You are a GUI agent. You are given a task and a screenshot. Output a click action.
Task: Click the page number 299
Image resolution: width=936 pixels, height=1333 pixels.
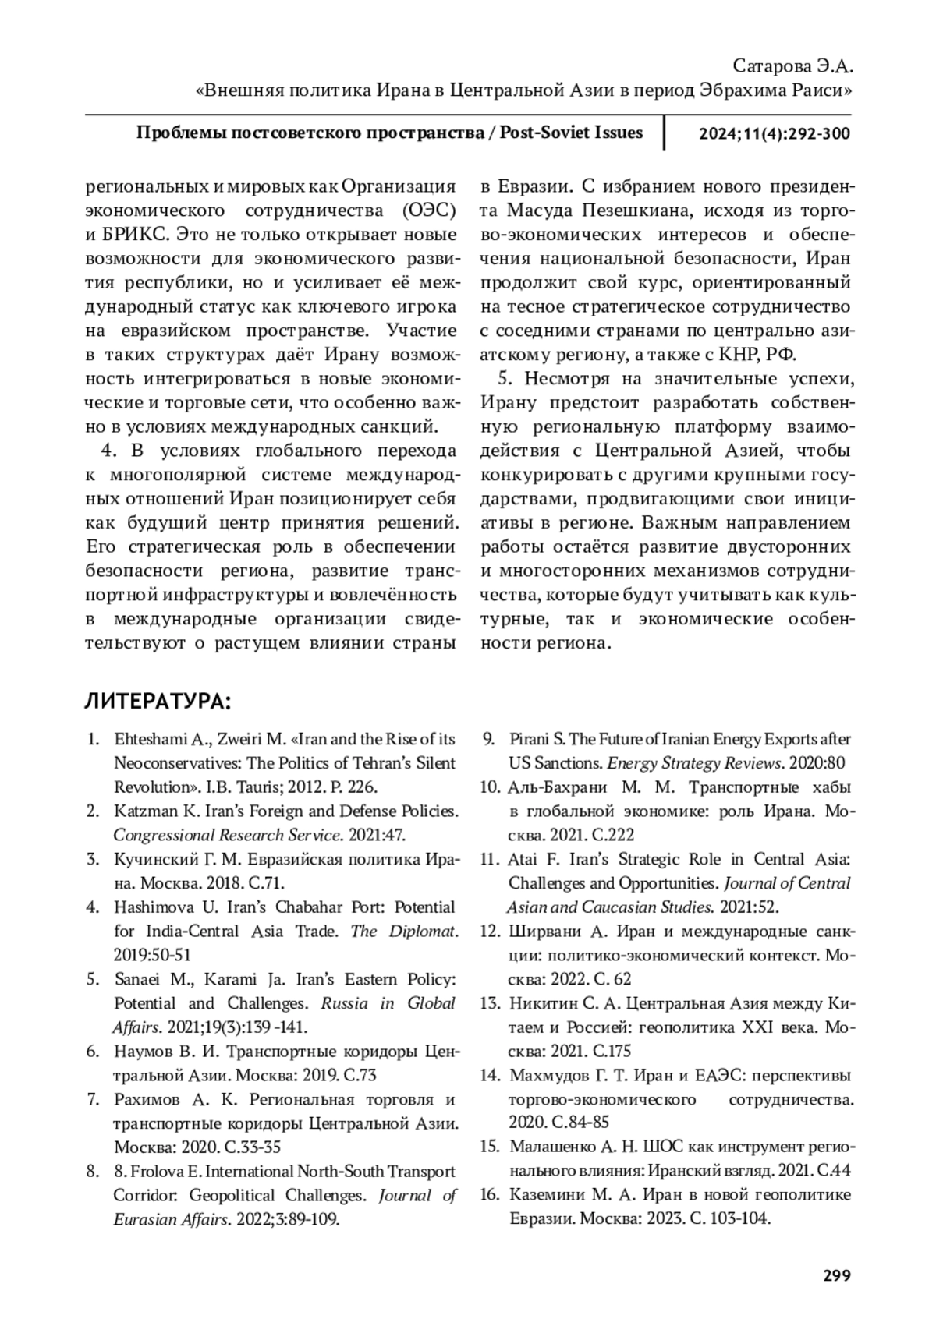click(x=836, y=1275)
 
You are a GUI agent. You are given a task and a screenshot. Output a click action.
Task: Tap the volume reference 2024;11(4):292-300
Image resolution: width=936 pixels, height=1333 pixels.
click(x=774, y=133)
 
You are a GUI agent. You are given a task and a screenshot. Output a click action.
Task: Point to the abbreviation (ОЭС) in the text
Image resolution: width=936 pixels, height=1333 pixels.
click(x=429, y=210)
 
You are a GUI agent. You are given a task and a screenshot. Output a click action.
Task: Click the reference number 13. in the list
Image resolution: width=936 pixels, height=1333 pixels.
click(x=489, y=1003)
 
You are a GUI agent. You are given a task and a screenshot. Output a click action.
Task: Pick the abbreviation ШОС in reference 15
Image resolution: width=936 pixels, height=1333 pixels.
click(x=665, y=1147)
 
